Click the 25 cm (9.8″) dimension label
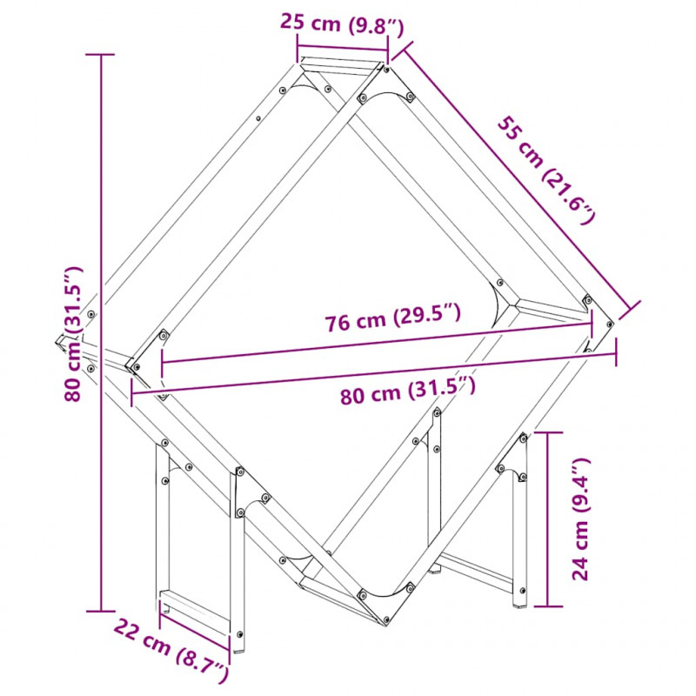[x=342, y=24]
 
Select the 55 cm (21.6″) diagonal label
[x=545, y=170]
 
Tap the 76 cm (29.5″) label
[x=393, y=317]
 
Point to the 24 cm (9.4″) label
[x=579, y=519]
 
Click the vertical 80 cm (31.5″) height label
[x=73, y=334]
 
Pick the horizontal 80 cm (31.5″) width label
[x=408, y=391]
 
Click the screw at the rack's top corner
[x=386, y=70]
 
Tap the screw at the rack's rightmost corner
[x=610, y=325]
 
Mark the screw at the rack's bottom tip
[x=385, y=619]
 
